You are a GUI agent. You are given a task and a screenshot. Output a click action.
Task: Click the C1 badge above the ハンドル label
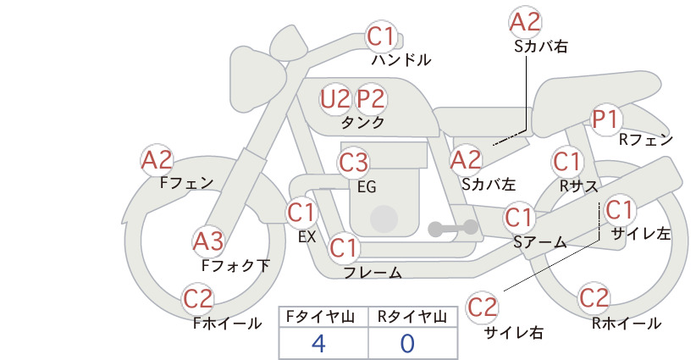click(x=381, y=36)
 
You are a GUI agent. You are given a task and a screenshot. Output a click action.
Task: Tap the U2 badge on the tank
click(x=335, y=99)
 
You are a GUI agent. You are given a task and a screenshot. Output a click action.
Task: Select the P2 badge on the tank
click(x=371, y=99)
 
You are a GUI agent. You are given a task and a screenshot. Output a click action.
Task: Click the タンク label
click(x=362, y=123)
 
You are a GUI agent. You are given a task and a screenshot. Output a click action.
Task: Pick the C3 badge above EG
click(x=353, y=163)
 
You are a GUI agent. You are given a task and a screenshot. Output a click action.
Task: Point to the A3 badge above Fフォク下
click(x=208, y=242)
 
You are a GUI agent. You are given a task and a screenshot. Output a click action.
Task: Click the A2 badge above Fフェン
click(x=157, y=160)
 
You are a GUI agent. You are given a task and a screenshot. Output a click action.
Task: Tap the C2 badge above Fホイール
click(x=198, y=299)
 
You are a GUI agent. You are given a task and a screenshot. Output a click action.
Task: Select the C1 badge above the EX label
click(x=301, y=213)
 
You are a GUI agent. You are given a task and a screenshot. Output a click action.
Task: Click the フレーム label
click(x=373, y=272)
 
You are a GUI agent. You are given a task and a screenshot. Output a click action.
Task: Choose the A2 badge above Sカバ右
click(x=525, y=22)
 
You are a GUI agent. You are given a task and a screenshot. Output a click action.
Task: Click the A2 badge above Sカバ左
click(x=466, y=160)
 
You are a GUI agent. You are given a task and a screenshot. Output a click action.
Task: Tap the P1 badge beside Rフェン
click(x=606, y=119)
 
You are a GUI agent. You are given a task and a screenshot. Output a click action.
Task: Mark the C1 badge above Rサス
click(x=566, y=162)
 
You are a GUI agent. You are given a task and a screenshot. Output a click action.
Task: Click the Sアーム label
click(x=540, y=242)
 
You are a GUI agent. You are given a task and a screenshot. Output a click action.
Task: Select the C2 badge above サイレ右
click(x=482, y=307)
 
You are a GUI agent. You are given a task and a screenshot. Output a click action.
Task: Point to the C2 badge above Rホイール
click(x=594, y=298)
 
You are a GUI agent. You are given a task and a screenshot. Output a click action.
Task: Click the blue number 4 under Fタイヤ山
click(x=318, y=344)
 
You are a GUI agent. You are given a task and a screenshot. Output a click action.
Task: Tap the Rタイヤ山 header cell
click(x=413, y=317)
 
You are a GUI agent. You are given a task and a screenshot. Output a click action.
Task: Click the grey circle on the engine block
click(x=384, y=219)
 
